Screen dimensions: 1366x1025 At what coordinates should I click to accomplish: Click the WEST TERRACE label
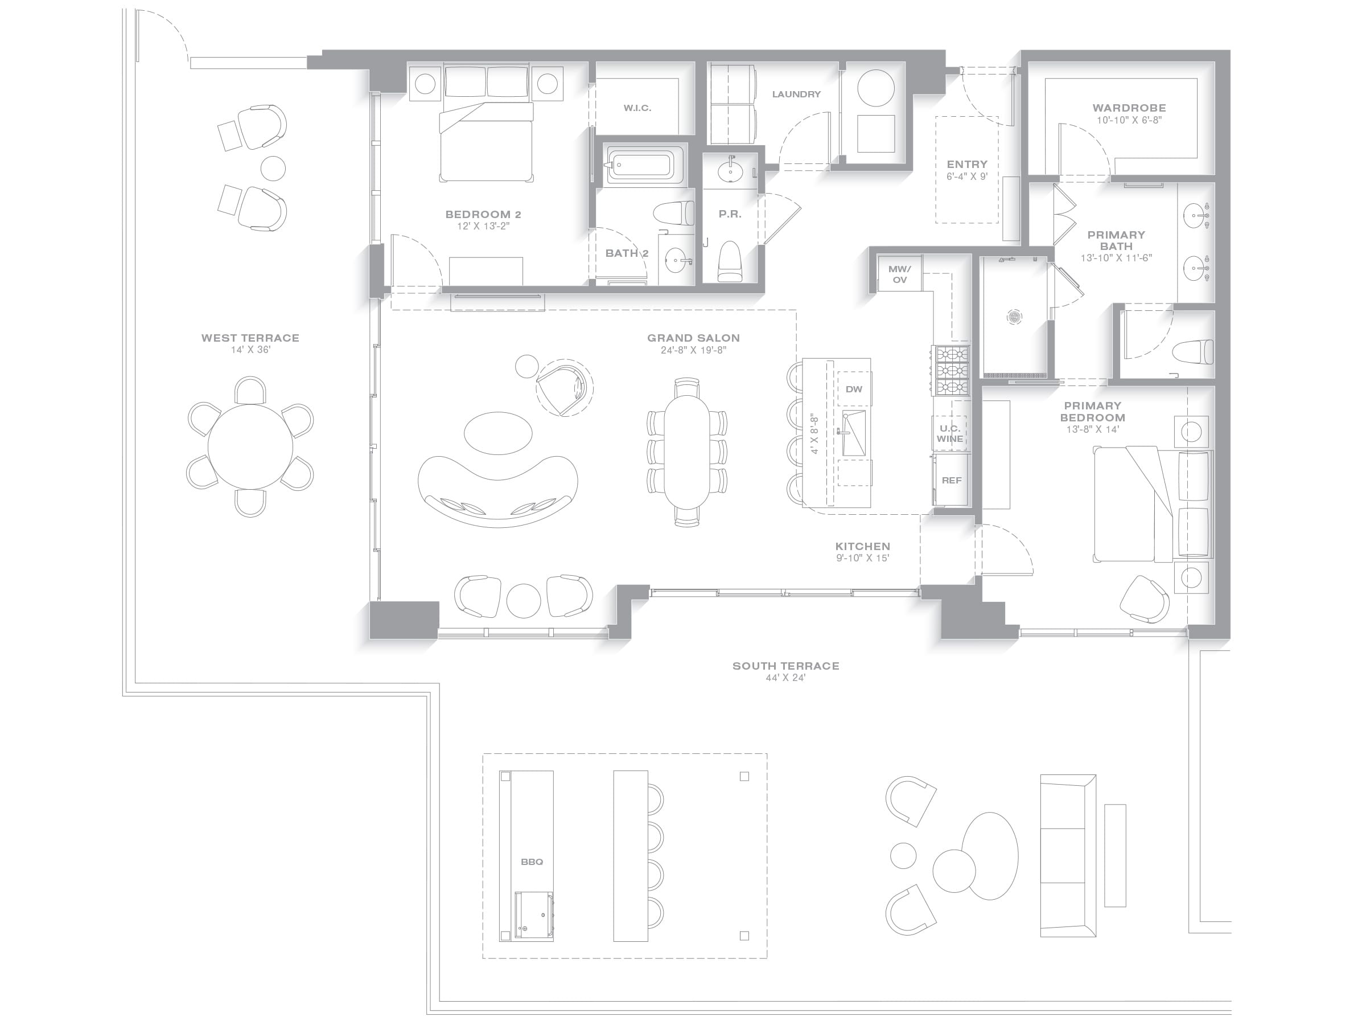coord(250,338)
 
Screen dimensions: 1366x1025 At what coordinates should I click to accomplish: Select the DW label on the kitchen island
coord(854,389)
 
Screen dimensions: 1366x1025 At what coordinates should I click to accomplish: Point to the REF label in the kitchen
coord(952,480)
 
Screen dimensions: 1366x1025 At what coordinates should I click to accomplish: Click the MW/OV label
coord(900,274)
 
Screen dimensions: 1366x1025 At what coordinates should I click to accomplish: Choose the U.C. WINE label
coord(950,433)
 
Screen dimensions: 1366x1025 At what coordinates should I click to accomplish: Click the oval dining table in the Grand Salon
coord(687,452)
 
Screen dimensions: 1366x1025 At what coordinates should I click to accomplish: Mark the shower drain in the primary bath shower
coord(1015,317)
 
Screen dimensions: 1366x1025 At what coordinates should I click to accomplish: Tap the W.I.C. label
coord(637,108)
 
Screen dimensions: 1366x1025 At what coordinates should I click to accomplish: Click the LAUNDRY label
coord(797,95)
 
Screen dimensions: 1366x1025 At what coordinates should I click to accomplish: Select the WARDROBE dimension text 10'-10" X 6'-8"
coord(1129,120)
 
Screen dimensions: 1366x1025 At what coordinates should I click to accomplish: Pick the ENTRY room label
coord(967,165)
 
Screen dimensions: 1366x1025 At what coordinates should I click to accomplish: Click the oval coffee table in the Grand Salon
coord(498,433)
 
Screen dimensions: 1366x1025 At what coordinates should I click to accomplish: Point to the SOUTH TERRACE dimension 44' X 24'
coord(785,678)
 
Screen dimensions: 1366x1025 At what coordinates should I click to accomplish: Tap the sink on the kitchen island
coord(854,433)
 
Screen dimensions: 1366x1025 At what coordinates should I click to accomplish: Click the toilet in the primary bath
coord(1192,352)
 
